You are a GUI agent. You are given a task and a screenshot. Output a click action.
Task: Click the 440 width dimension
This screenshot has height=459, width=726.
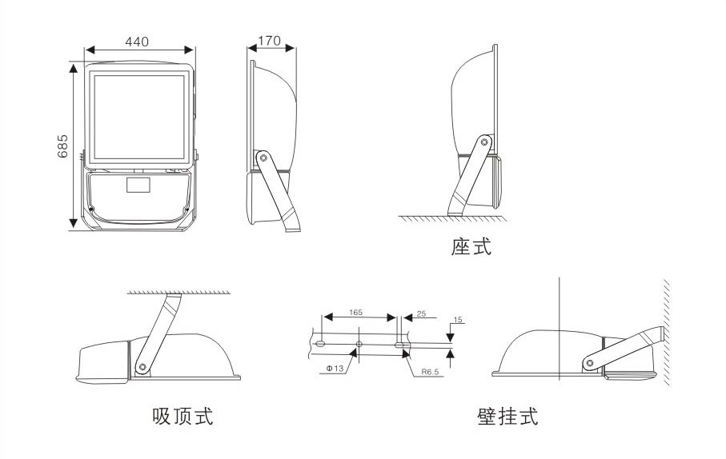[138, 41]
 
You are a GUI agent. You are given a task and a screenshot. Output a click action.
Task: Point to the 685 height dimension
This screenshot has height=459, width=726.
[63, 146]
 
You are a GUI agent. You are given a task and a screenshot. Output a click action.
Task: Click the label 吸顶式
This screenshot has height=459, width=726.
[183, 417]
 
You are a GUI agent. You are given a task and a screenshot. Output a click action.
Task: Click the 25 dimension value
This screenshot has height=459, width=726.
[421, 315]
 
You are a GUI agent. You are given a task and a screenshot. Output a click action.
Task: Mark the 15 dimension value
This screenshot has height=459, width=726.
[458, 320]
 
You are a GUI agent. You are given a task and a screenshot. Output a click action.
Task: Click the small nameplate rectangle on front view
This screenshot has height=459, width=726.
[138, 187]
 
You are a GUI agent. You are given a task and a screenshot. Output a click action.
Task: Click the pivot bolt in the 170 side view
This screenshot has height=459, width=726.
[262, 158]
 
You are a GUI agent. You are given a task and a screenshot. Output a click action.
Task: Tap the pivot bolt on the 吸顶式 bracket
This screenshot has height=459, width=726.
[142, 366]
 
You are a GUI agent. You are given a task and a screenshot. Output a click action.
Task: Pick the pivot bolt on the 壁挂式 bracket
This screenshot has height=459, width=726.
[589, 362]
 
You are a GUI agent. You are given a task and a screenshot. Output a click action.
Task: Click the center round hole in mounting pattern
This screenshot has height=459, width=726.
[359, 344]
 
